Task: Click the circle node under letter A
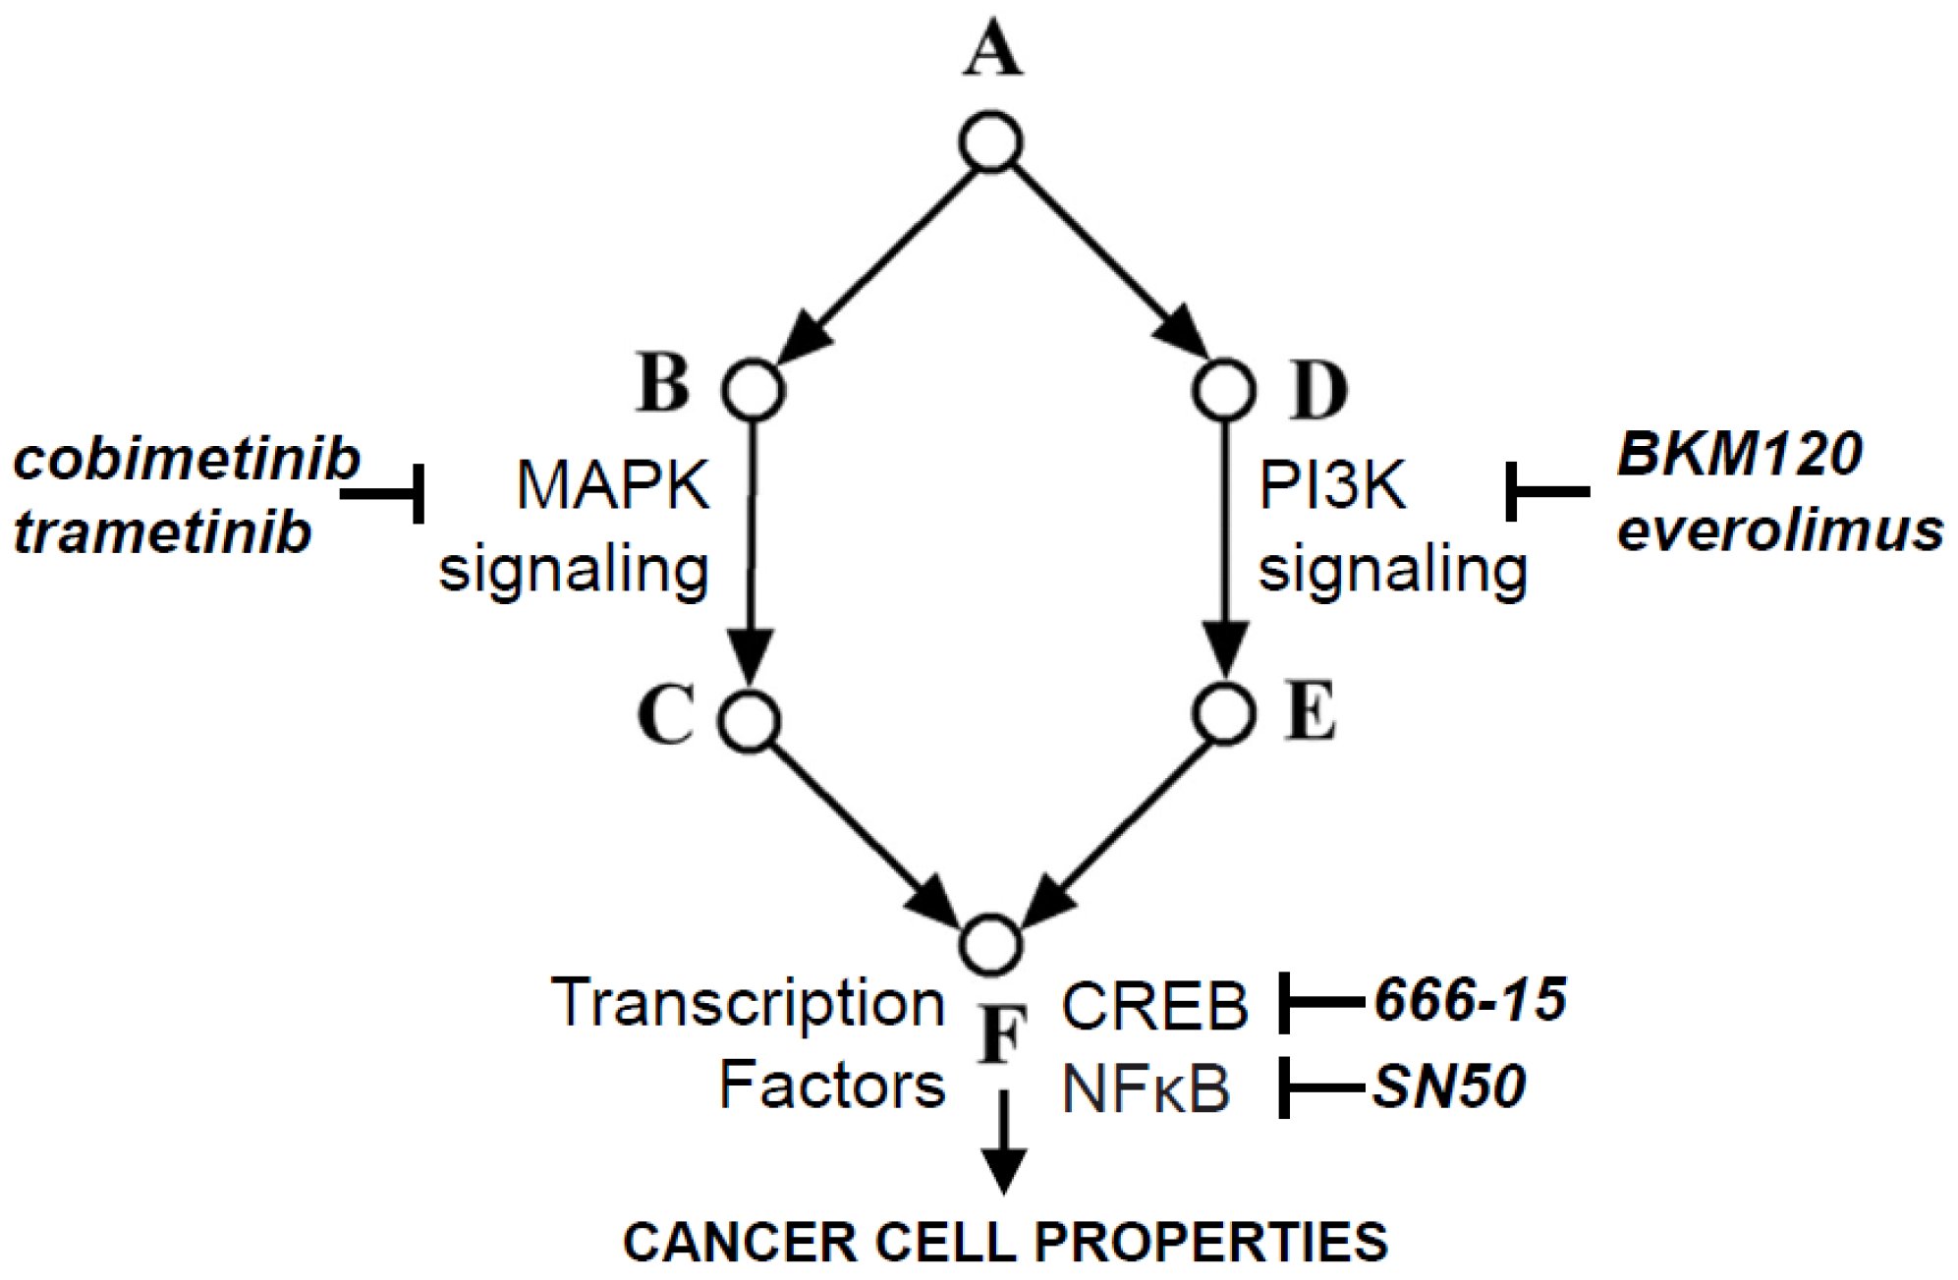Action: pyautogui.click(x=991, y=143)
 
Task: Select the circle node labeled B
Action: pyautogui.click(x=754, y=390)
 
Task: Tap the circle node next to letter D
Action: pyautogui.click(x=1223, y=390)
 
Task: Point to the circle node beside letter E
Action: pyautogui.click(x=1224, y=713)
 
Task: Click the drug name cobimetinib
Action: pyautogui.click(x=187, y=460)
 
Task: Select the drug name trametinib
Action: pyautogui.click(x=162, y=533)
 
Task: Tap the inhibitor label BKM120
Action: pyautogui.click(x=1739, y=455)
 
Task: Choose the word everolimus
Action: pyautogui.click(x=1779, y=530)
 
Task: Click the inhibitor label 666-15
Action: pyautogui.click(x=1470, y=1001)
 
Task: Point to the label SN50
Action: pyautogui.click(x=1449, y=1086)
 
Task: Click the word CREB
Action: pyautogui.click(x=1154, y=1007)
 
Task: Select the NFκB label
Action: pyautogui.click(x=1146, y=1089)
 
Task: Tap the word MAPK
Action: pyautogui.click(x=613, y=485)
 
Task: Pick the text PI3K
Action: pyautogui.click(x=1333, y=485)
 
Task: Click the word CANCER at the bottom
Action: pyautogui.click(x=741, y=1242)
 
